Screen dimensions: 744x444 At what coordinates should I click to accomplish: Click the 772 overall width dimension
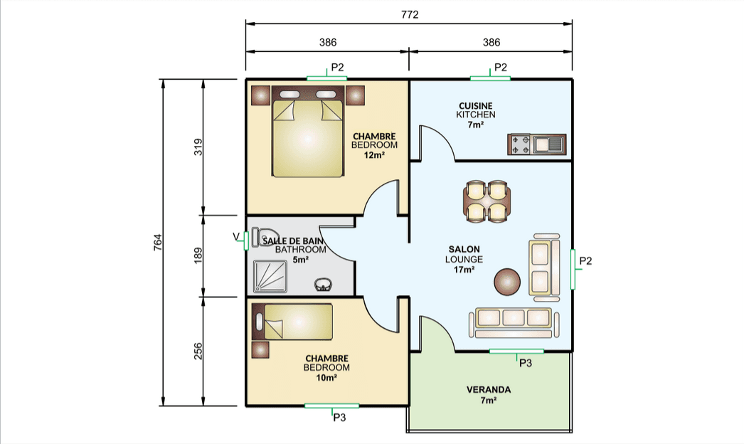coord(410,15)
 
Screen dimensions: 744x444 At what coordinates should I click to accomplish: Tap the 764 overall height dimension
coord(158,243)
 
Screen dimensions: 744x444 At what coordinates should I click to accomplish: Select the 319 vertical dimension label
coord(198,147)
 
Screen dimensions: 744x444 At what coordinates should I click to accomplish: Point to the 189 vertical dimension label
coord(198,255)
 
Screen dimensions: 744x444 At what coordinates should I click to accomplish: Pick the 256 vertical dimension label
coord(198,351)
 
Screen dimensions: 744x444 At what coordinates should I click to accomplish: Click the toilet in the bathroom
coord(260,237)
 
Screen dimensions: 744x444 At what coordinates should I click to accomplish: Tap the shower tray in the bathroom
coord(270,276)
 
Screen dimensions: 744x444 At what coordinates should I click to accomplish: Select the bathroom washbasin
coord(323,285)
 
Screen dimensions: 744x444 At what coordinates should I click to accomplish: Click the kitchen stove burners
coord(519,144)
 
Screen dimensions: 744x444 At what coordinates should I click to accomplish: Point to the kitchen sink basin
coord(548,144)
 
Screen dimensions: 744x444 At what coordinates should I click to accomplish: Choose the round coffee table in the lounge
coord(507,282)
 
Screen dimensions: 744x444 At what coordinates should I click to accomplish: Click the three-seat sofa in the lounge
coord(514,322)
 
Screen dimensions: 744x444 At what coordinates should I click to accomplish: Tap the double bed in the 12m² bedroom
coord(307,132)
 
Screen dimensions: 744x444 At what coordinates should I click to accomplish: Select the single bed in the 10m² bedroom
coord(292,322)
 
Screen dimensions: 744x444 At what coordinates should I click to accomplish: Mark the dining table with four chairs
coord(487,201)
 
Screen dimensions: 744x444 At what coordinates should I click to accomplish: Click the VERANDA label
coord(489,390)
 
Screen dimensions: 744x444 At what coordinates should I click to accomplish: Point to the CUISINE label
coord(475,106)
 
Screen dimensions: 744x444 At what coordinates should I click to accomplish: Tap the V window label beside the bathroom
coord(236,236)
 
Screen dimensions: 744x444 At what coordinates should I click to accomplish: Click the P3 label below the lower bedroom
coord(339,418)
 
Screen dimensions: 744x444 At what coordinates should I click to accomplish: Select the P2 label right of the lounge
coord(585,260)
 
